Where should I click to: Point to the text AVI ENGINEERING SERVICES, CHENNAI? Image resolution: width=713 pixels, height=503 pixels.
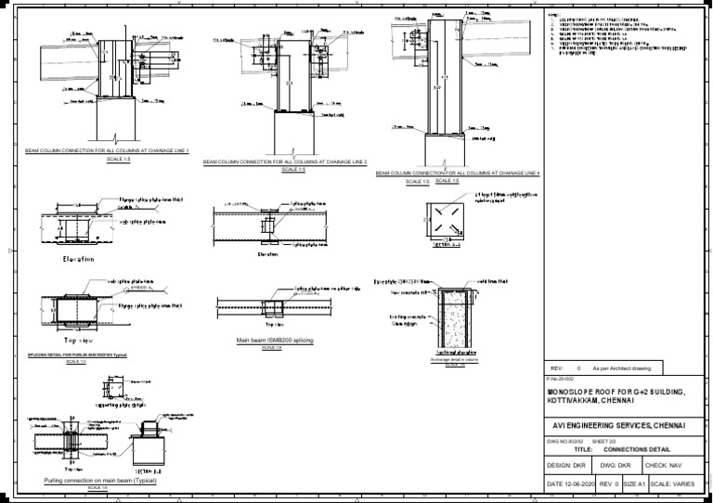(x=616, y=424)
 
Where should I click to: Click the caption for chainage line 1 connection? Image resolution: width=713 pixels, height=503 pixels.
(x=107, y=151)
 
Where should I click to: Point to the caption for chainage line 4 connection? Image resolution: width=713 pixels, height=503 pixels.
(x=458, y=174)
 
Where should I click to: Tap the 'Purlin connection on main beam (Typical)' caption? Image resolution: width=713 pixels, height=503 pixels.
(x=100, y=481)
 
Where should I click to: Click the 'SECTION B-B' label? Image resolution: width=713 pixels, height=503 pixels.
(x=149, y=471)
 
